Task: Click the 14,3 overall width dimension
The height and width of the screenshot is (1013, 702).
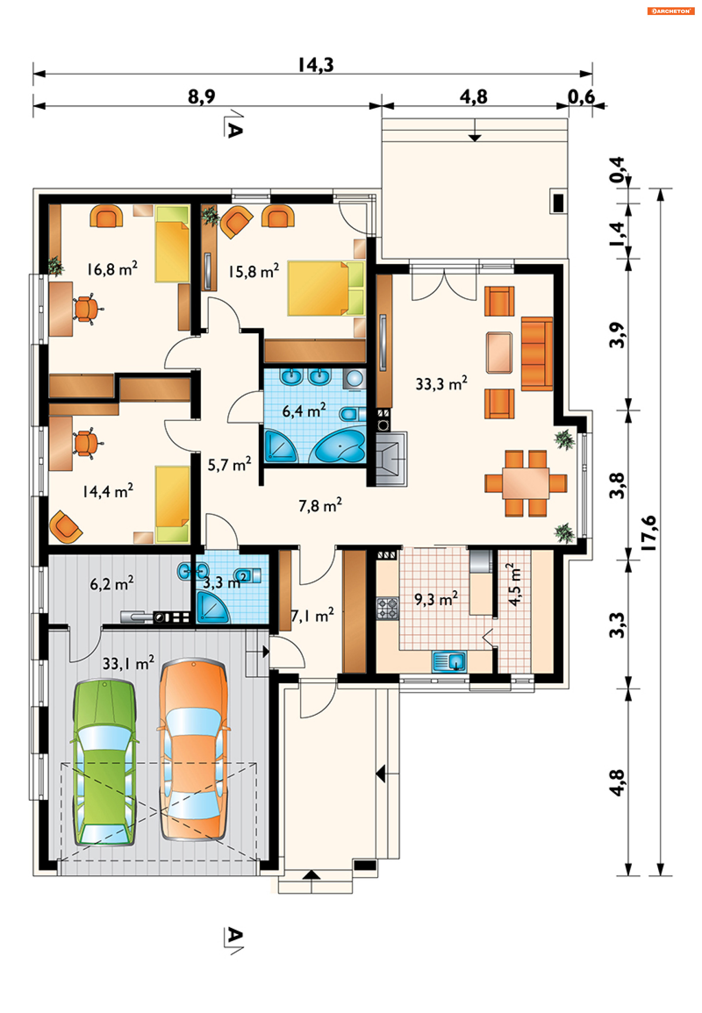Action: point(316,65)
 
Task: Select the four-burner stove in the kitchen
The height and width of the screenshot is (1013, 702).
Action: point(388,608)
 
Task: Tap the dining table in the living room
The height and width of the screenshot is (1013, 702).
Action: point(526,483)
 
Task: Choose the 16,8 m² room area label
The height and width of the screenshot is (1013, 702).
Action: point(112,269)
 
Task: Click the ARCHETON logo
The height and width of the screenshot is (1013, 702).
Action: point(670,11)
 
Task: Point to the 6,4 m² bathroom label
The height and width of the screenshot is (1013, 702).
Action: point(304,410)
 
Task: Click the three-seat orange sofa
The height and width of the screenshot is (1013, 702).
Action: point(537,354)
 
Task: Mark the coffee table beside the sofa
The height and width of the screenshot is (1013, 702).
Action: point(499,353)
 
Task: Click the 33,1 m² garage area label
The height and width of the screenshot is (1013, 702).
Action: point(128,663)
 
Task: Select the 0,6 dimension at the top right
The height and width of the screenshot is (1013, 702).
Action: point(581,97)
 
